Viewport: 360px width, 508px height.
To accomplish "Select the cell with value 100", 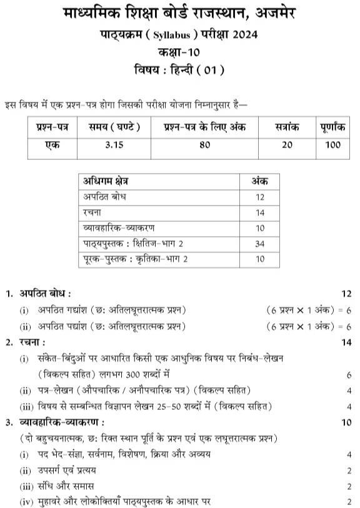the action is [x=332, y=145].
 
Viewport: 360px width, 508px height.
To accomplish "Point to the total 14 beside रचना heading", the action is [x=347, y=342].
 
